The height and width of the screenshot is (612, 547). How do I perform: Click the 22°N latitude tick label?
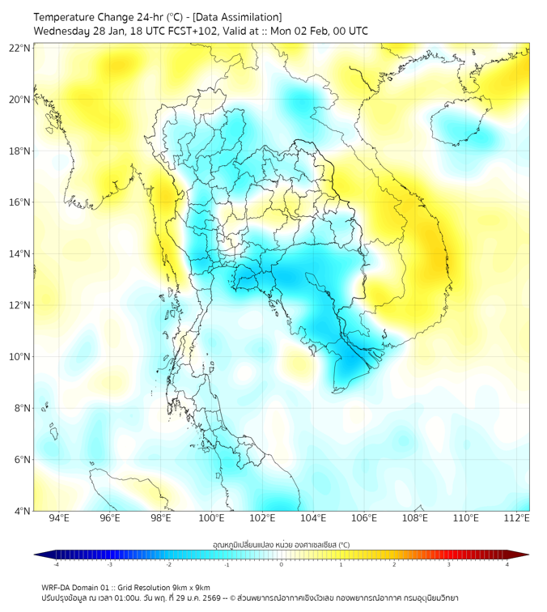(20, 49)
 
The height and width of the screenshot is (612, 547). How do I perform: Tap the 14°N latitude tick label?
(20, 254)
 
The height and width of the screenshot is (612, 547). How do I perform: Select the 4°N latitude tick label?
(23, 511)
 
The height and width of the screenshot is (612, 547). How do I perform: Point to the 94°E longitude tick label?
(59, 518)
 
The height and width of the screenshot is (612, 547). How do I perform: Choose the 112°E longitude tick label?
(517, 518)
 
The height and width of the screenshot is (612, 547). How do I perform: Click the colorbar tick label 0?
(282, 564)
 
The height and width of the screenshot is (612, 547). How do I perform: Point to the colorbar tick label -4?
(55, 564)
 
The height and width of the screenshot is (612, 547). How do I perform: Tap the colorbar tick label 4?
(507, 564)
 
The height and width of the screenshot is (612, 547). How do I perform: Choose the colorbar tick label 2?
(395, 564)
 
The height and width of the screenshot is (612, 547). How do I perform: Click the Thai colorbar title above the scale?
(282, 544)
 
